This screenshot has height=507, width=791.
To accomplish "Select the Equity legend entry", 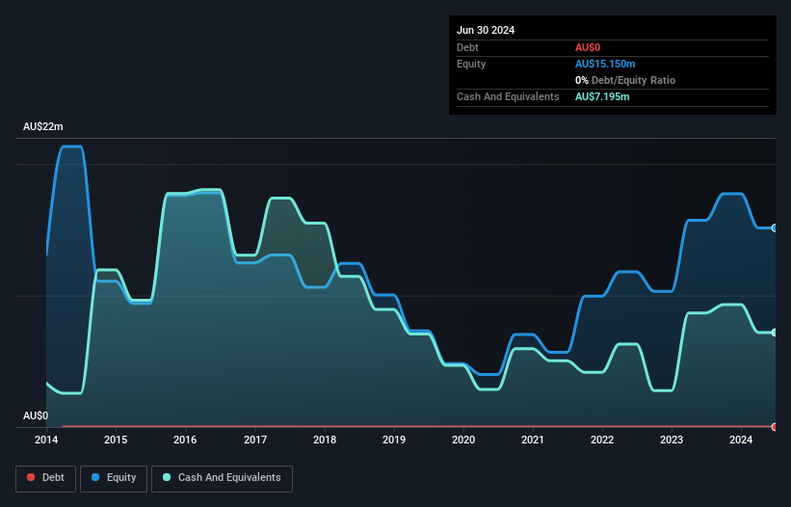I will click(x=114, y=477).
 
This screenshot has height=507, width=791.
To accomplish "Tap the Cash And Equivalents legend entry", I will click(x=222, y=477).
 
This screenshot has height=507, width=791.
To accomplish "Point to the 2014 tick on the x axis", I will click(x=46, y=440).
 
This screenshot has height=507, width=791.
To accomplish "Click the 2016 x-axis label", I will click(x=185, y=440).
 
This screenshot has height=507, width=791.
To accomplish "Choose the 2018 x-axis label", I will click(x=325, y=440).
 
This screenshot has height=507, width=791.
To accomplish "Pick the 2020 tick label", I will click(x=463, y=440).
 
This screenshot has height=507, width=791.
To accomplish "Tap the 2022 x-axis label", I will click(x=602, y=440).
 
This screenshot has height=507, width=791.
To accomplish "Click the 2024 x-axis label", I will click(x=741, y=440).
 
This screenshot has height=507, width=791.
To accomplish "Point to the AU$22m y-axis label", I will click(x=43, y=127).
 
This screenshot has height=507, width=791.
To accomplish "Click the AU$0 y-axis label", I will click(x=36, y=415).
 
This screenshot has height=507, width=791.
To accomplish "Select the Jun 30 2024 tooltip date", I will click(x=486, y=30).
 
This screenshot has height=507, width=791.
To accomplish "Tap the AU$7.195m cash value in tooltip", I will click(x=602, y=96).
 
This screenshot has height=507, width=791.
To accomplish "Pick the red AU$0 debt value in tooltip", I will click(x=588, y=47).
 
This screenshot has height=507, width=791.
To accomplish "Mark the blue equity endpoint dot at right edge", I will click(x=775, y=228).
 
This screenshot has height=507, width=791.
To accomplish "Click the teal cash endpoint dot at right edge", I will click(x=775, y=333).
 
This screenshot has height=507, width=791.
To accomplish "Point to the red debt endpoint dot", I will click(x=775, y=426).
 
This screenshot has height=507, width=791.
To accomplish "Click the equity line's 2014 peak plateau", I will click(x=71, y=147).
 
